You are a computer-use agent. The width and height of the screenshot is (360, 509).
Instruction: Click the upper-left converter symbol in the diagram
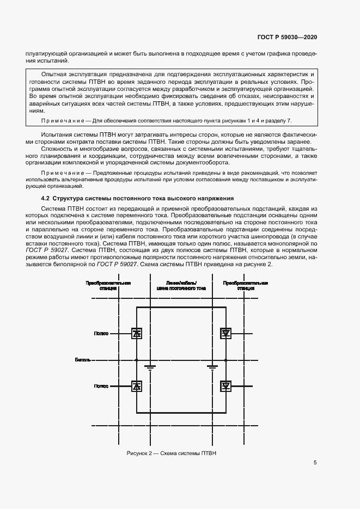pos(137,334)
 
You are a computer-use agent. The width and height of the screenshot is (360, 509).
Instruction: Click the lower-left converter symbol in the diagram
pos(137,386)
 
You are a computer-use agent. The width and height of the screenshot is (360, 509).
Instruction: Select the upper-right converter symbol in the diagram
pos(225,334)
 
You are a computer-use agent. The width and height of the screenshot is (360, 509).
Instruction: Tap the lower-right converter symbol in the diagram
pos(225,386)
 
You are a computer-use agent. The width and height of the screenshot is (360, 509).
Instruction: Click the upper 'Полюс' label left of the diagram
pos(101,334)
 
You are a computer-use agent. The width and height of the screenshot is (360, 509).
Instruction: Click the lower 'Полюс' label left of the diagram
pos(101,386)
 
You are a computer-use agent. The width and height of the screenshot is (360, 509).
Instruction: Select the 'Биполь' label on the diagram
pos(83,360)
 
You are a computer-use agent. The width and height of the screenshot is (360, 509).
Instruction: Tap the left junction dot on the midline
pos(136,360)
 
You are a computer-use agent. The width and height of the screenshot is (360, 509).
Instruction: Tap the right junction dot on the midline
pos(225,360)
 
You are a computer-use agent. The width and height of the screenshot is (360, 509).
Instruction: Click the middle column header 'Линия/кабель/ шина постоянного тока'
pos(181,286)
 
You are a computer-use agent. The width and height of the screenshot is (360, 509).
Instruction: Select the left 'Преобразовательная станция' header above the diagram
pos(109,286)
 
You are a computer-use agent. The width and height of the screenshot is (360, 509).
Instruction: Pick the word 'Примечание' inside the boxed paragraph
pos(58,120)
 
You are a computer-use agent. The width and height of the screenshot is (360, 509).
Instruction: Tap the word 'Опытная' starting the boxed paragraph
pos(54,73)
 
